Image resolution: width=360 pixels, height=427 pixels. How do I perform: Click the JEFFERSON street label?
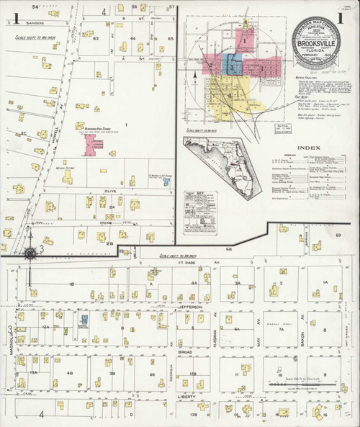pos(184,306)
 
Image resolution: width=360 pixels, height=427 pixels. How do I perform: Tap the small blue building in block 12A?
pos(84,319)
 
